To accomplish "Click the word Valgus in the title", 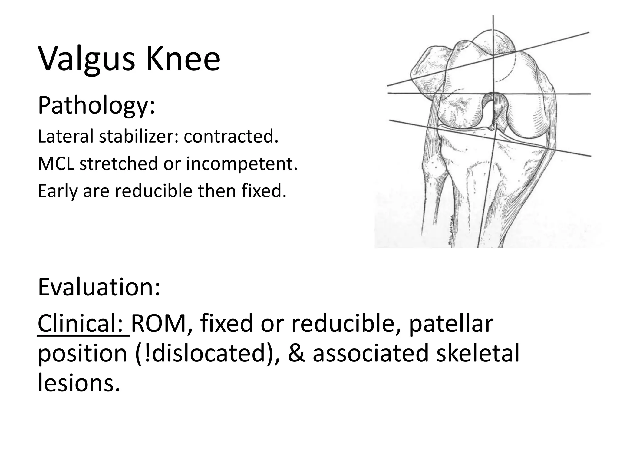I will click(x=87, y=59).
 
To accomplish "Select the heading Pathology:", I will click(x=96, y=106).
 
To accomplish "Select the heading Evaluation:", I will click(x=99, y=287).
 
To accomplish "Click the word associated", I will click(x=371, y=353).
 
